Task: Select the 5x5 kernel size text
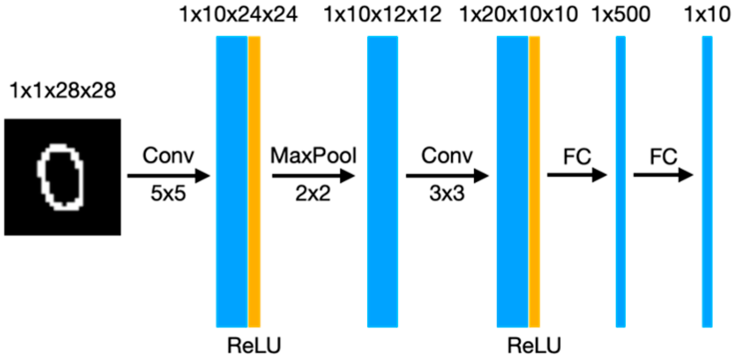click(168, 195)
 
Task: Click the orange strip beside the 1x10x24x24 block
click(254, 182)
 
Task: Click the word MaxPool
click(314, 157)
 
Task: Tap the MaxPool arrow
click(313, 176)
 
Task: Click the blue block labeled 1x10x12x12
click(382, 182)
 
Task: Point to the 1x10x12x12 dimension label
click(383, 15)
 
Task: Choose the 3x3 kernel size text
click(447, 195)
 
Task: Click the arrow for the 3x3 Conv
click(447, 176)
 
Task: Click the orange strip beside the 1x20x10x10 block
click(534, 182)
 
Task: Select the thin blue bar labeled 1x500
click(621, 182)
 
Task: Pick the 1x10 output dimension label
click(707, 15)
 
